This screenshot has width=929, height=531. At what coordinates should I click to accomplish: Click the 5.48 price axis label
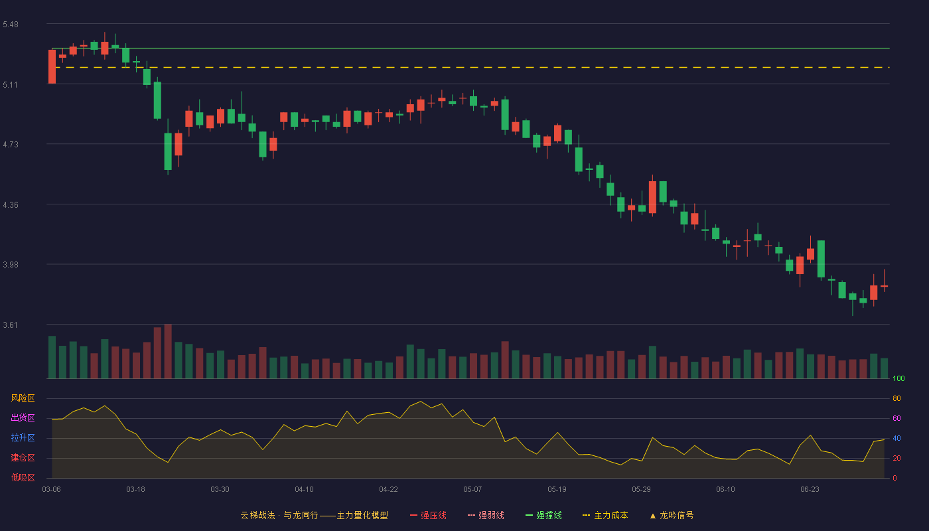[11, 25]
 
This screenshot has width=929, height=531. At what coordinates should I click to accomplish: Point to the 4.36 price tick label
[11, 205]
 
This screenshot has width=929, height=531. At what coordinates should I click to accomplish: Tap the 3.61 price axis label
[11, 325]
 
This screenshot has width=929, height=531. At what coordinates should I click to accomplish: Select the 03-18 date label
[135, 490]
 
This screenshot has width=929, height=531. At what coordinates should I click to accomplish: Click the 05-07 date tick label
[472, 490]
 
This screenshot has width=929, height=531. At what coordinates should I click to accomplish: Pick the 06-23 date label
[810, 490]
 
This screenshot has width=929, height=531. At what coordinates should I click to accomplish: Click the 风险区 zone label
[23, 398]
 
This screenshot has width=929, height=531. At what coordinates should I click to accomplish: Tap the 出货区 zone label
[23, 417]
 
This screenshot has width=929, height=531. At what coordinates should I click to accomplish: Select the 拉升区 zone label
[23, 437]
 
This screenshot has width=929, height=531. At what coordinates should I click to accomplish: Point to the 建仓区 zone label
[23, 457]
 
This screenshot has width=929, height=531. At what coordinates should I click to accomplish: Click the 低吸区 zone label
[23, 477]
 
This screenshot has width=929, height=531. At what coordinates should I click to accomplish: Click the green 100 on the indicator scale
[898, 378]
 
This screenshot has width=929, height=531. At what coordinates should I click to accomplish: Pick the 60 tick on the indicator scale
[896, 418]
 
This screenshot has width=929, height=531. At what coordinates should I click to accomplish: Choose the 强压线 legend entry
[428, 515]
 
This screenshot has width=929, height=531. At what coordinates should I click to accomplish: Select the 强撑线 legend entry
[543, 515]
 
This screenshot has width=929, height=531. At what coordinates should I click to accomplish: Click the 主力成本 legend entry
[605, 515]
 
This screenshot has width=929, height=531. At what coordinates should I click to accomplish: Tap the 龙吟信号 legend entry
[672, 515]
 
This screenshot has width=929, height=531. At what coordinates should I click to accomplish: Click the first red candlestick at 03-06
[52, 67]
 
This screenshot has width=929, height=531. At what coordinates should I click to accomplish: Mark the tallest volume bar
[168, 351]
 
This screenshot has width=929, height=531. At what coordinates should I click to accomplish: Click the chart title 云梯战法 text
[257, 515]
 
